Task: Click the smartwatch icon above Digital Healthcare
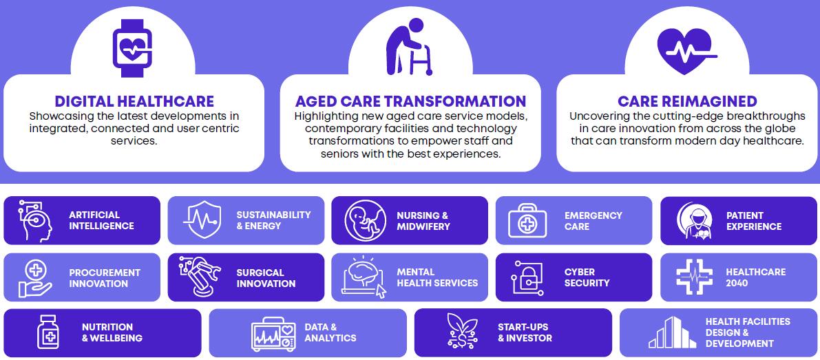[132, 48]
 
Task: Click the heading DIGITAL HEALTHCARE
[134, 101]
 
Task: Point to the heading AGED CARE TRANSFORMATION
[410, 101]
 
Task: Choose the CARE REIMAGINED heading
[687, 101]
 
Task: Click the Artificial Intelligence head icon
[36, 220]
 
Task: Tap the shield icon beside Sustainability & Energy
[201, 220]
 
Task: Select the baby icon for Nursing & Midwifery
[366, 220]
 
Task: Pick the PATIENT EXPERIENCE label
[754, 221]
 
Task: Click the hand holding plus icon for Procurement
[36, 279]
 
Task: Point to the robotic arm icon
[199, 277]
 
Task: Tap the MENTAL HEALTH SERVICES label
[437, 277]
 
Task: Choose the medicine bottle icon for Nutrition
[48, 331]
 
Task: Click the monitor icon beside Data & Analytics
[273, 334]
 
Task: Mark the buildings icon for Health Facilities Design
[672, 332]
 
